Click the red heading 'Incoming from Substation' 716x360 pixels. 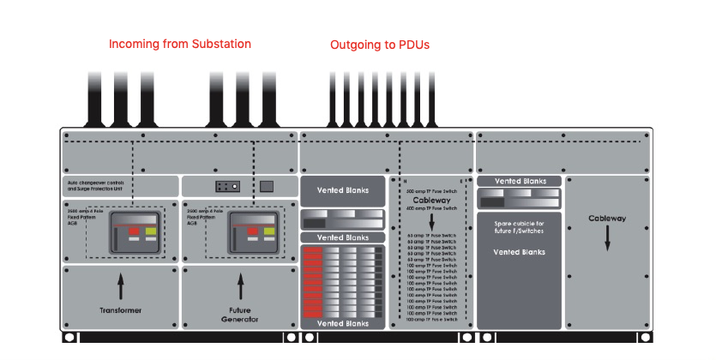[179, 44]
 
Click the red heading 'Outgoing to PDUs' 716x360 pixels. [380, 44]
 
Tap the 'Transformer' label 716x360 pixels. [120, 310]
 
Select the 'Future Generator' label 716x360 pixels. [240, 315]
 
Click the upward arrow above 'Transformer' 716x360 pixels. [120, 285]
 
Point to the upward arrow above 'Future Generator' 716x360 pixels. [240, 285]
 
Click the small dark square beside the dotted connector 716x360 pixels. [267, 185]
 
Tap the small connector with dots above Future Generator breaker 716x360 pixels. [226, 185]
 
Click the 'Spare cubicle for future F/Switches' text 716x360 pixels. [520, 227]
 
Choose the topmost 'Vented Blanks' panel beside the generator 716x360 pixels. [341, 189]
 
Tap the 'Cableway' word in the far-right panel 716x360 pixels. [607, 218]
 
